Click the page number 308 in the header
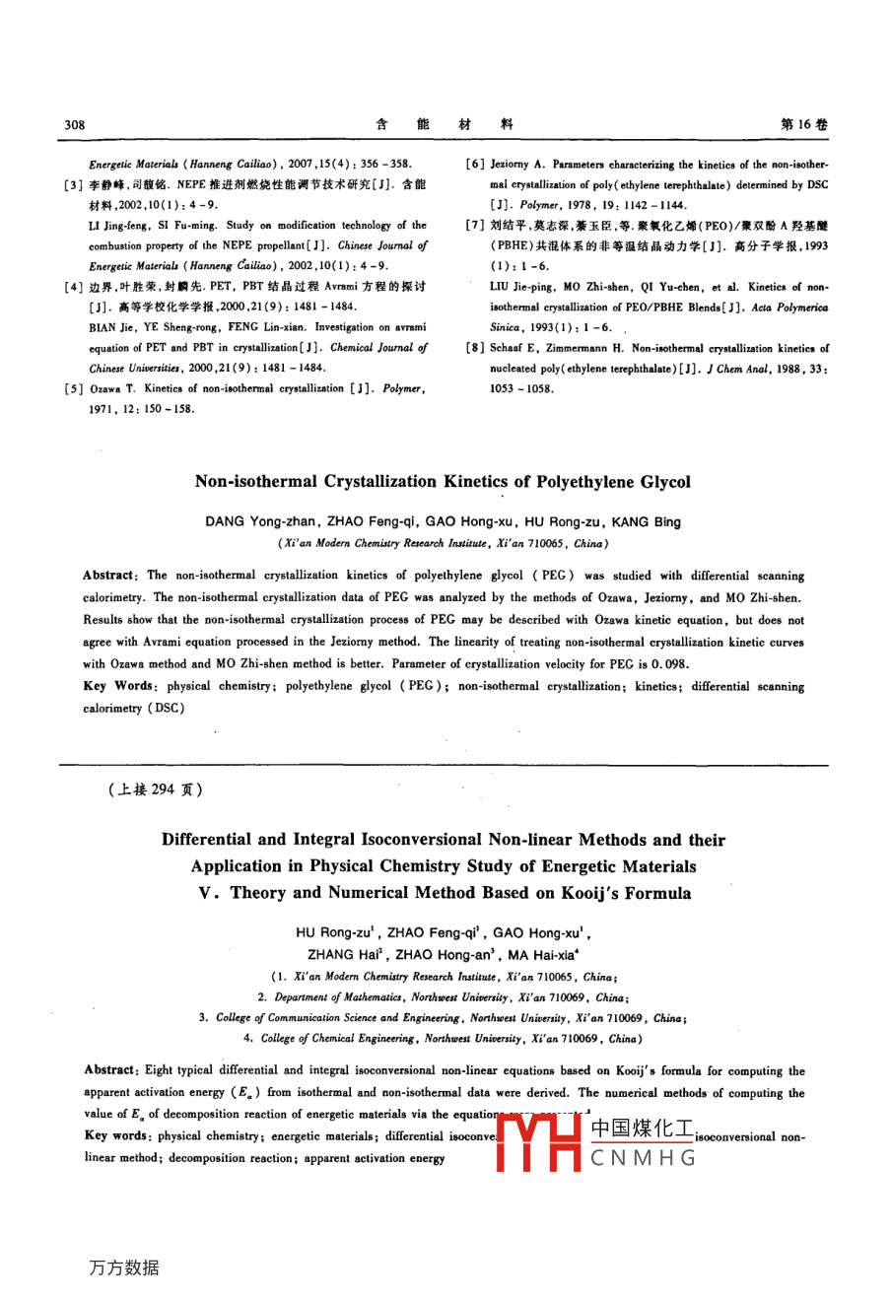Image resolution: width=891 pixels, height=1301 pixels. (x=75, y=125)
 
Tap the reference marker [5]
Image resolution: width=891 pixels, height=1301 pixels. (x=72, y=388)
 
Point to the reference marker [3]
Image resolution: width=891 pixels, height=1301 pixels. (x=72, y=184)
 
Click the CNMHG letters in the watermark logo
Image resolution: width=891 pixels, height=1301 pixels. (x=644, y=1158)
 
